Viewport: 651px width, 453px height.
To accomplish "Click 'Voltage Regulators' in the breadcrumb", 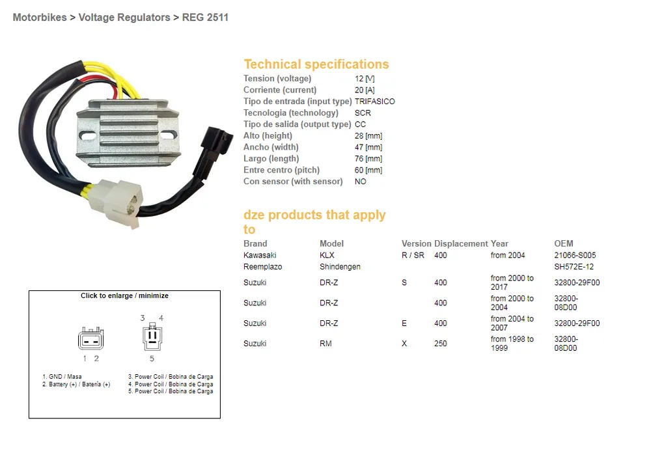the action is click(124, 18).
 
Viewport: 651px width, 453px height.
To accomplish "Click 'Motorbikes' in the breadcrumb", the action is click(40, 18).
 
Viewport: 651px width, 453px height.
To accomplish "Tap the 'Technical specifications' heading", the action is click(316, 64).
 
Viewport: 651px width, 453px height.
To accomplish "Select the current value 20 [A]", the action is click(365, 90).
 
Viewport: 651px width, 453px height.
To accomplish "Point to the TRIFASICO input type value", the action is click(375, 102).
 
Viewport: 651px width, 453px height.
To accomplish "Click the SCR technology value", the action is click(363, 113).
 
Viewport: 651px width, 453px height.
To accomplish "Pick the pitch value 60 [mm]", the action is click(368, 171).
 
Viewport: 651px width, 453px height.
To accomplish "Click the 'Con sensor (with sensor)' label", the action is click(293, 182).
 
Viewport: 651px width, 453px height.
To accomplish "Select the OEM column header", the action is click(563, 243).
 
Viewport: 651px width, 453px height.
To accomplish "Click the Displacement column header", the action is click(461, 243).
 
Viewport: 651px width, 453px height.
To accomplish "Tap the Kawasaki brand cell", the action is click(260, 255).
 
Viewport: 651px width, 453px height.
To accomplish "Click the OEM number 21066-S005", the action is click(575, 255).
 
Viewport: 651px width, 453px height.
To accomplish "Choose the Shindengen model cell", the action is click(340, 267).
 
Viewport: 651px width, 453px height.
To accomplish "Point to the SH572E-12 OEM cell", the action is click(574, 267).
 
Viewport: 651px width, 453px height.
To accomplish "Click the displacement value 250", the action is click(441, 344).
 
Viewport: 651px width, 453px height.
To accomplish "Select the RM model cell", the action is click(326, 344).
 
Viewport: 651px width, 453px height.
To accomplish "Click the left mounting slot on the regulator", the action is click(88, 136).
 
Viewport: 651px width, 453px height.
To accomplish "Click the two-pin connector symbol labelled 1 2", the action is click(90, 339).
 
